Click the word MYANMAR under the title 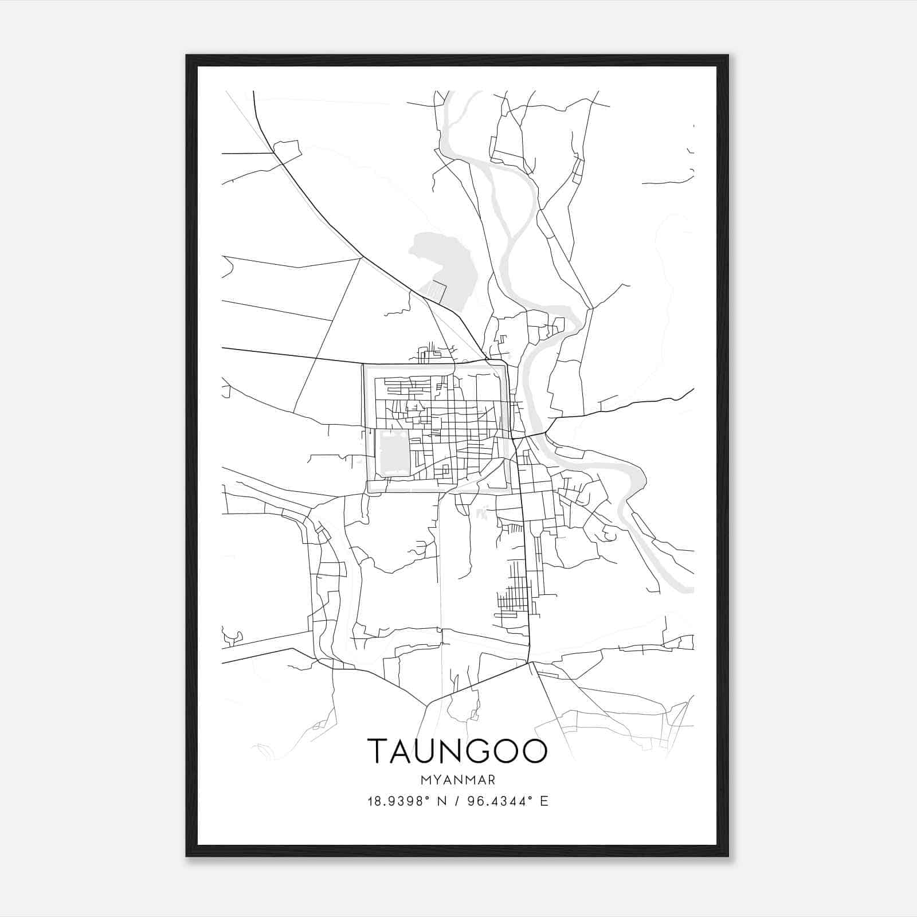(457, 779)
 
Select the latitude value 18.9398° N (407, 801)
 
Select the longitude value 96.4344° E (508, 801)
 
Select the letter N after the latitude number (442, 801)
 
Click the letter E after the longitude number (544, 801)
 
